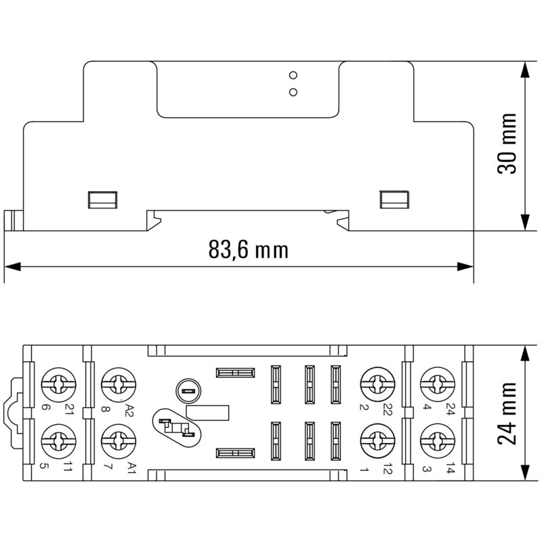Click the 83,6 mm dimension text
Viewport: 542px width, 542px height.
point(248,250)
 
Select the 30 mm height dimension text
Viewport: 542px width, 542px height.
point(507,144)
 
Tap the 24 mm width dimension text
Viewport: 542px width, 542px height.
point(507,413)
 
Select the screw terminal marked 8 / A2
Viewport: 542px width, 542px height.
point(114,385)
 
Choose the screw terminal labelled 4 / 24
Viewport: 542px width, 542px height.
point(434,385)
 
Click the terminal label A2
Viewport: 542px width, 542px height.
point(130,409)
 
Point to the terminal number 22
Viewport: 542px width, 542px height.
point(388,409)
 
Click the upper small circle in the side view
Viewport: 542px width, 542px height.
point(293,75)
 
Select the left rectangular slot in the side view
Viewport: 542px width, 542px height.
point(102,199)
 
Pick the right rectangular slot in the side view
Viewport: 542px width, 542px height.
point(393,199)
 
